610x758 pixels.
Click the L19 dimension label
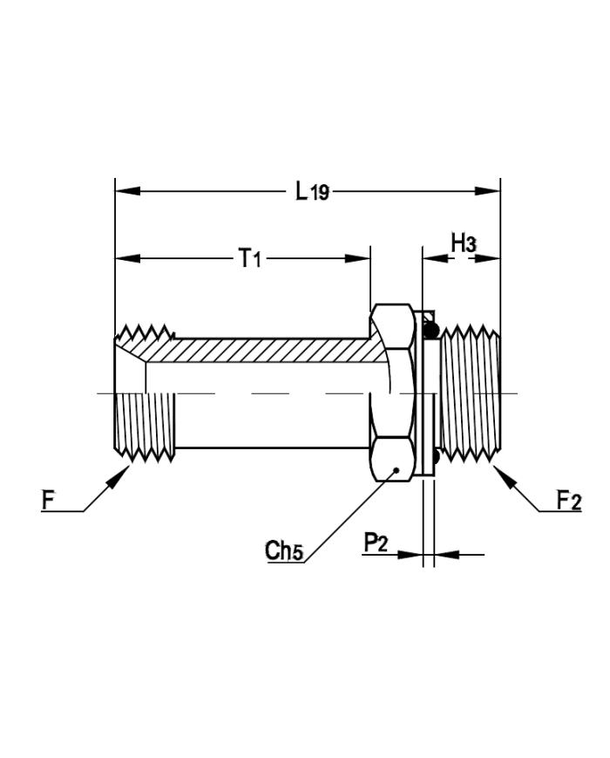tap(312, 191)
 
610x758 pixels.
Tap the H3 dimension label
tap(464, 242)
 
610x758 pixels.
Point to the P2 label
tap(376, 543)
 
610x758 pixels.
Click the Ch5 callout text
tap(284, 550)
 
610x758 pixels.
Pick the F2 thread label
tap(569, 500)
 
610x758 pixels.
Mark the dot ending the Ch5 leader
tap(396, 470)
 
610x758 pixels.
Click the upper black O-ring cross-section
tap(430, 330)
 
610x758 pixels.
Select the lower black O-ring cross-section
tap(436, 456)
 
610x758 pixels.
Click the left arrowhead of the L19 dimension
tap(127, 191)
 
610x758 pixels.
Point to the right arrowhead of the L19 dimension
tap(488, 191)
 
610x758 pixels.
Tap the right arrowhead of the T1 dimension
tap(358, 259)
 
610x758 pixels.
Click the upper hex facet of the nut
tap(391, 325)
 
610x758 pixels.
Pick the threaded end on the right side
tap(471, 393)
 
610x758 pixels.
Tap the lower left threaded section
tap(145, 426)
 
